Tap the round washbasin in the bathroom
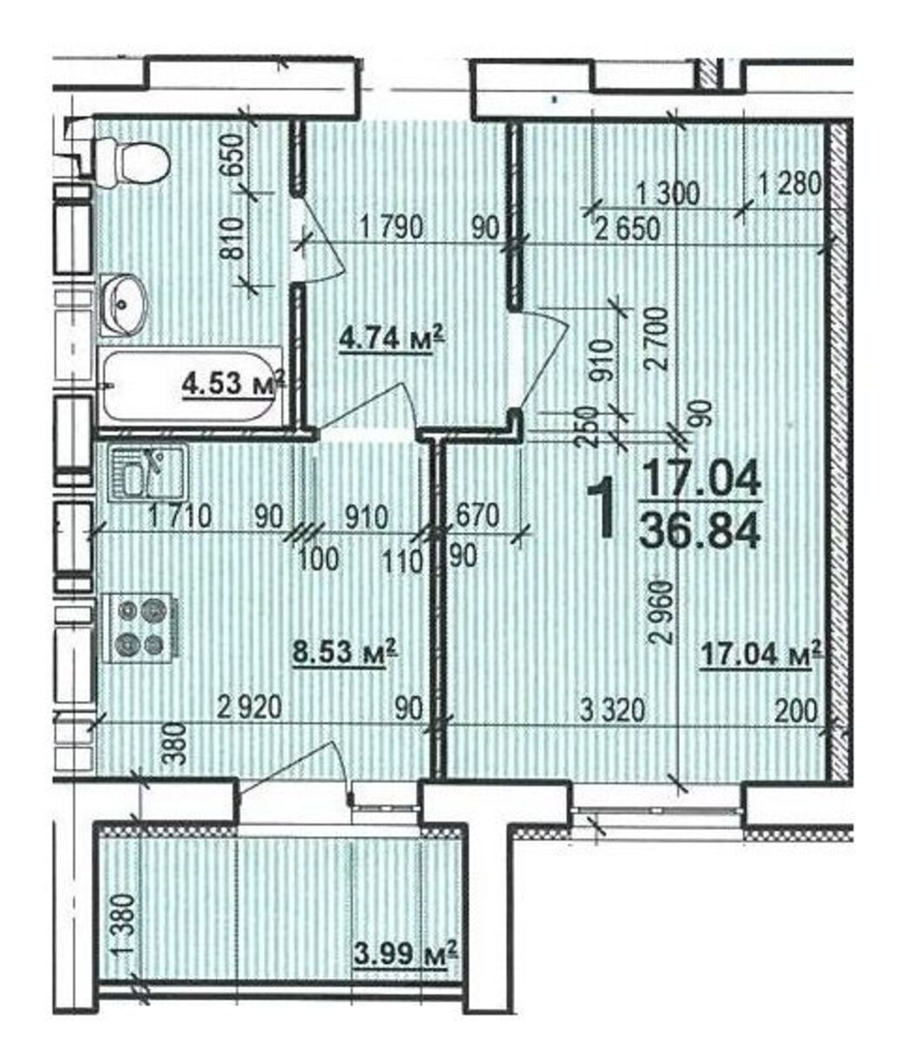click(x=123, y=305)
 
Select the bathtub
click(x=189, y=387)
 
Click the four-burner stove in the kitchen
click(x=141, y=629)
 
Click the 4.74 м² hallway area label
click(x=392, y=339)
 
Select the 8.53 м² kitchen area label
click(x=345, y=651)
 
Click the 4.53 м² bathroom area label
click(x=233, y=383)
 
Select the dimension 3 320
click(x=614, y=711)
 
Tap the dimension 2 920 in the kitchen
click(x=250, y=708)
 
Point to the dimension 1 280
click(x=790, y=184)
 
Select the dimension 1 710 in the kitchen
click(x=179, y=517)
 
